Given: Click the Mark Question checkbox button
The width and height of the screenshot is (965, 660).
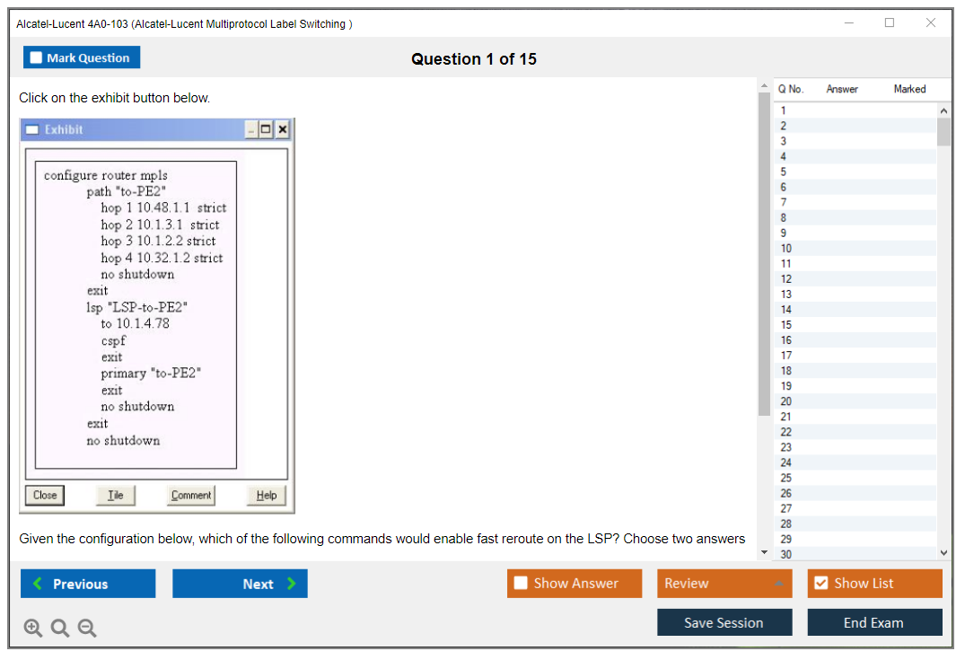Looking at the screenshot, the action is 82,57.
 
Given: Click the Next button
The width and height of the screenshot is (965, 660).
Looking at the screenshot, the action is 240,584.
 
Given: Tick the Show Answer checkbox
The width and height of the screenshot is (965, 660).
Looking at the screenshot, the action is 521,583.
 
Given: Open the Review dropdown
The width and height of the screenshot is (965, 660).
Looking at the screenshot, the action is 724,583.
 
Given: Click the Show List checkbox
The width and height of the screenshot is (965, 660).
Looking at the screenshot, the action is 821,583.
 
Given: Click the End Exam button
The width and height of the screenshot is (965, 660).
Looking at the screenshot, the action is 874,622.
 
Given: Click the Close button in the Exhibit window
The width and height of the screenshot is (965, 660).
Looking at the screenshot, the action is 45,495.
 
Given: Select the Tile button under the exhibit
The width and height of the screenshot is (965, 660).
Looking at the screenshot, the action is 116,495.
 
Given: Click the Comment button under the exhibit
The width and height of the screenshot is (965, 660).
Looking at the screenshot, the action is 191,495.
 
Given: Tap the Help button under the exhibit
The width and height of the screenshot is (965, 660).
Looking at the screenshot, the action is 267,495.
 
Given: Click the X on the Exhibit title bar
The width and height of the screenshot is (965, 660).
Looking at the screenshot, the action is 283,129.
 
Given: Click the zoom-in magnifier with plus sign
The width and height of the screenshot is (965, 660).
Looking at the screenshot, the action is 33,628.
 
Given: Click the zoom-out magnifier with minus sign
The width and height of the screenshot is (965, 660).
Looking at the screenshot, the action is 87,628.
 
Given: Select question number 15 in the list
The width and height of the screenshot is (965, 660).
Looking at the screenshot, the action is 785,324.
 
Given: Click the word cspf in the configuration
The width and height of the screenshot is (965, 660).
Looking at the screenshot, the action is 113,340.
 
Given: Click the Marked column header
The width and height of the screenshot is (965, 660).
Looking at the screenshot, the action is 909,89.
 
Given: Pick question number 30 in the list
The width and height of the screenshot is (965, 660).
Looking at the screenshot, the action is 785,554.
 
